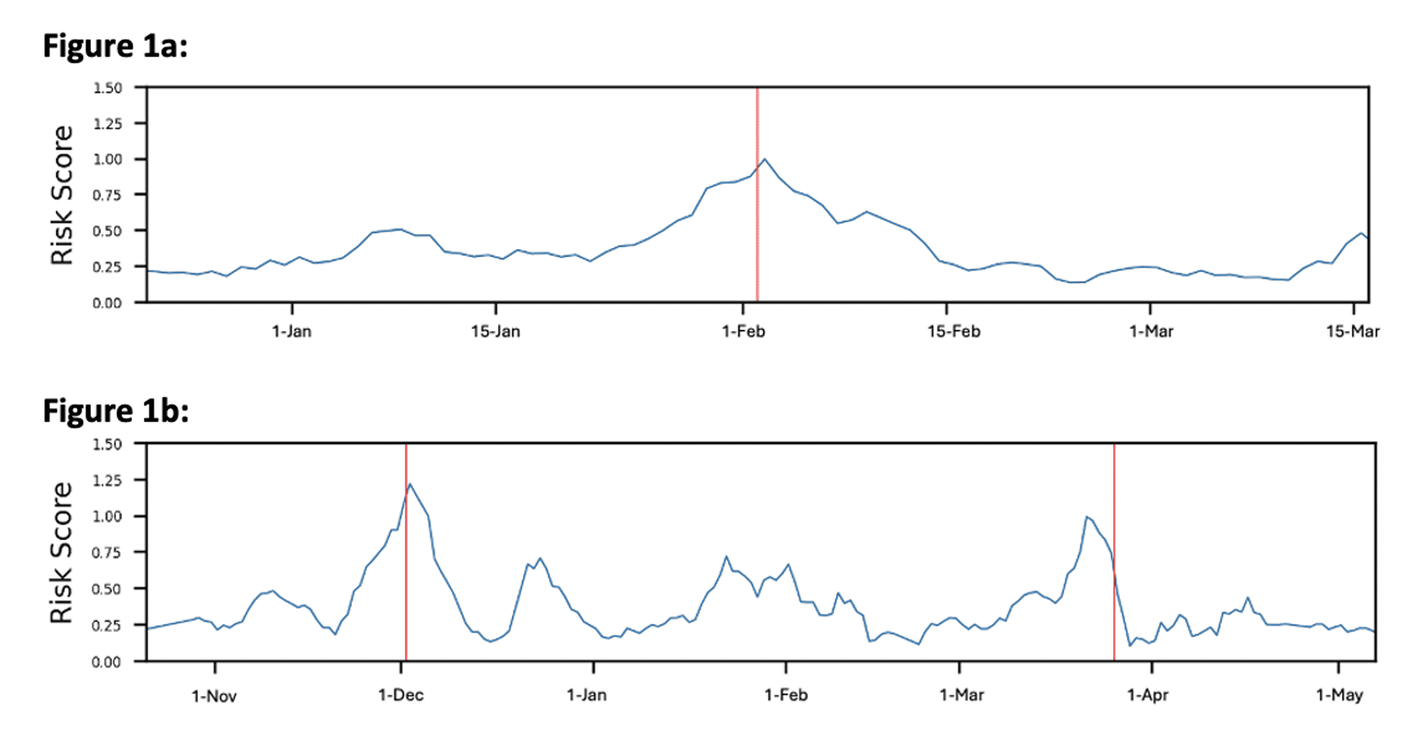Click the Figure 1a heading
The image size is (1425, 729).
[116, 46]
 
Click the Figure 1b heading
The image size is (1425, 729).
[116, 411]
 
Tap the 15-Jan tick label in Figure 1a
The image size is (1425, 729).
[495, 331]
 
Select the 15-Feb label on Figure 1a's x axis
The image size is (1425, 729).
[953, 331]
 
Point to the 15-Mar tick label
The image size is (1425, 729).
[1352, 331]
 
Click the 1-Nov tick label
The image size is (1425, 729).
[214, 696]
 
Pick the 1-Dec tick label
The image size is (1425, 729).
[401, 695]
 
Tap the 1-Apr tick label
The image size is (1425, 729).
[1147, 695]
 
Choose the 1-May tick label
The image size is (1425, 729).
[1339, 695]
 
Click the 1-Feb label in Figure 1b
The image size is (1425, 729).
[786, 695]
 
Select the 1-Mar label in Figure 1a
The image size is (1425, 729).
[1151, 331]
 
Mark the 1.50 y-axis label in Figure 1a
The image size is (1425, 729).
[107, 88]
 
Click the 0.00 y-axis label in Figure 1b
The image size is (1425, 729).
[107, 662]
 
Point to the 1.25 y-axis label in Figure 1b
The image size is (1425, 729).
[107, 480]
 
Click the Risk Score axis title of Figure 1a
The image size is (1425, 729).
[62, 195]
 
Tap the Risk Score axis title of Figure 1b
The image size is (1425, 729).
[62, 553]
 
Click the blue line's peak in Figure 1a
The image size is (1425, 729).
[765, 159]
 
